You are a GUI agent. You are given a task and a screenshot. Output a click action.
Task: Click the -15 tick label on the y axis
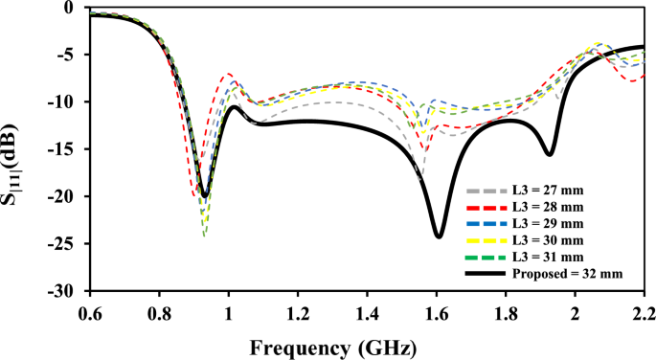pos(69,149)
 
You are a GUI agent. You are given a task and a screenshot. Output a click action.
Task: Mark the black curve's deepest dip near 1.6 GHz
pos(439,236)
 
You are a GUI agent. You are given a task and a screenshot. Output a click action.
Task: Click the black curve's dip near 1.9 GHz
pos(549,154)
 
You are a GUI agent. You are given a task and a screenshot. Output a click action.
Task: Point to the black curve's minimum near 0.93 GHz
pos(204,196)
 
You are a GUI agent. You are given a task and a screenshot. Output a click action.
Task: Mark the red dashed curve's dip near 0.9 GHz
pos(194,196)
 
